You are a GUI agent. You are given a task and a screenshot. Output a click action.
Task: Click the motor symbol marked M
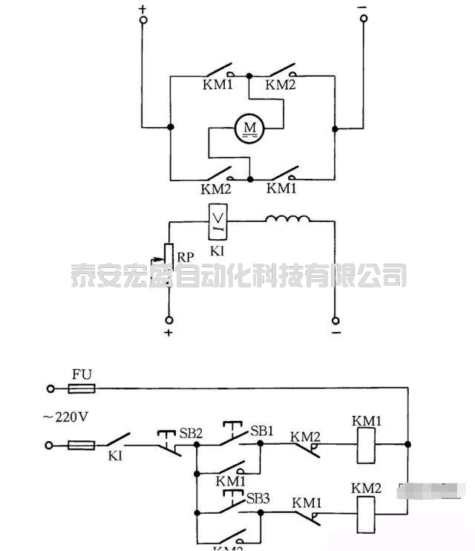pyautogui.click(x=250, y=129)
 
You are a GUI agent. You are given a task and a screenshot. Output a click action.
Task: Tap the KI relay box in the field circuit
pyautogui.click(x=218, y=219)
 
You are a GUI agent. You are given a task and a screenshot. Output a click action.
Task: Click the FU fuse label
pyautogui.click(x=82, y=374)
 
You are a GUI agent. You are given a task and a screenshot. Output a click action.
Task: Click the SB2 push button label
pyautogui.click(x=191, y=433)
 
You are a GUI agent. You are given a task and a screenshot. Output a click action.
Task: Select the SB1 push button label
pyautogui.click(x=262, y=431)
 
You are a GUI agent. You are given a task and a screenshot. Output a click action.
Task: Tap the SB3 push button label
pyautogui.click(x=258, y=498)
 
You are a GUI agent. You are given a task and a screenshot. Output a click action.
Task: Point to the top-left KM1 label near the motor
pyautogui.click(x=217, y=85)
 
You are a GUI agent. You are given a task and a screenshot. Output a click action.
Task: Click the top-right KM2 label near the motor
pyautogui.click(x=281, y=85)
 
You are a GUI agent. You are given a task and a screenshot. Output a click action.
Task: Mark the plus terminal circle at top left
pyautogui.click(x=143, y=21)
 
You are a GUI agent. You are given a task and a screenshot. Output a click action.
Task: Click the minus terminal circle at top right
pyautogui.click(x=363, y=21)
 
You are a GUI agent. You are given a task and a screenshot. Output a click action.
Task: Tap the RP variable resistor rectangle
pyautogui.click(x=168, y=255)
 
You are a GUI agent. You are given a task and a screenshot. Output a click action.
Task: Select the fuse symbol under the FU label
pyautogui.click(x=82, y=388)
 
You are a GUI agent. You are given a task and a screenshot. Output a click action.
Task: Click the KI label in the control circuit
pyautogui.click(x=115, y=455)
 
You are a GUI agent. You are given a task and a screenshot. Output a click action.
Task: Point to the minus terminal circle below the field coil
pyautogui.click(x=335, y=321)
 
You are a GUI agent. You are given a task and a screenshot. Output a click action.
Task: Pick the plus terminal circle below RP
pyautogui.click(x=168, y=321)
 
